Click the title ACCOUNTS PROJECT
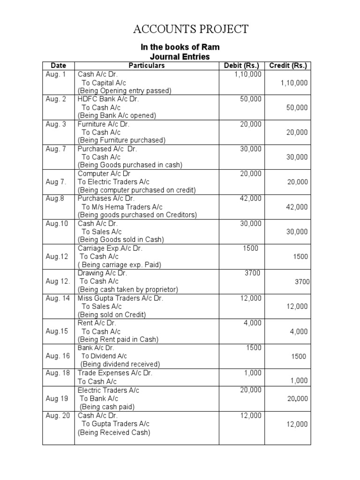point(190,29)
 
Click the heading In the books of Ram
point(180,47)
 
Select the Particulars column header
point(147,66)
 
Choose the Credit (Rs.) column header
point(288,66)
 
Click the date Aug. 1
point(56,74)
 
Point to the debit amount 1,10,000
point(248,74)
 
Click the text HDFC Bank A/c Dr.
point(108,99)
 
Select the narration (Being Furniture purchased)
point(121,140)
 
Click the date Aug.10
point(57,224)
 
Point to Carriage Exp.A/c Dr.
point(110,248)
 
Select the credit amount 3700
point(302,281)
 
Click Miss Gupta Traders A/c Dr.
point(120,298)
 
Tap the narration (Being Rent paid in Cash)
point(118,339)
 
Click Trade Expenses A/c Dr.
point(115,373)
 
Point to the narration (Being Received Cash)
point(114,433)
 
